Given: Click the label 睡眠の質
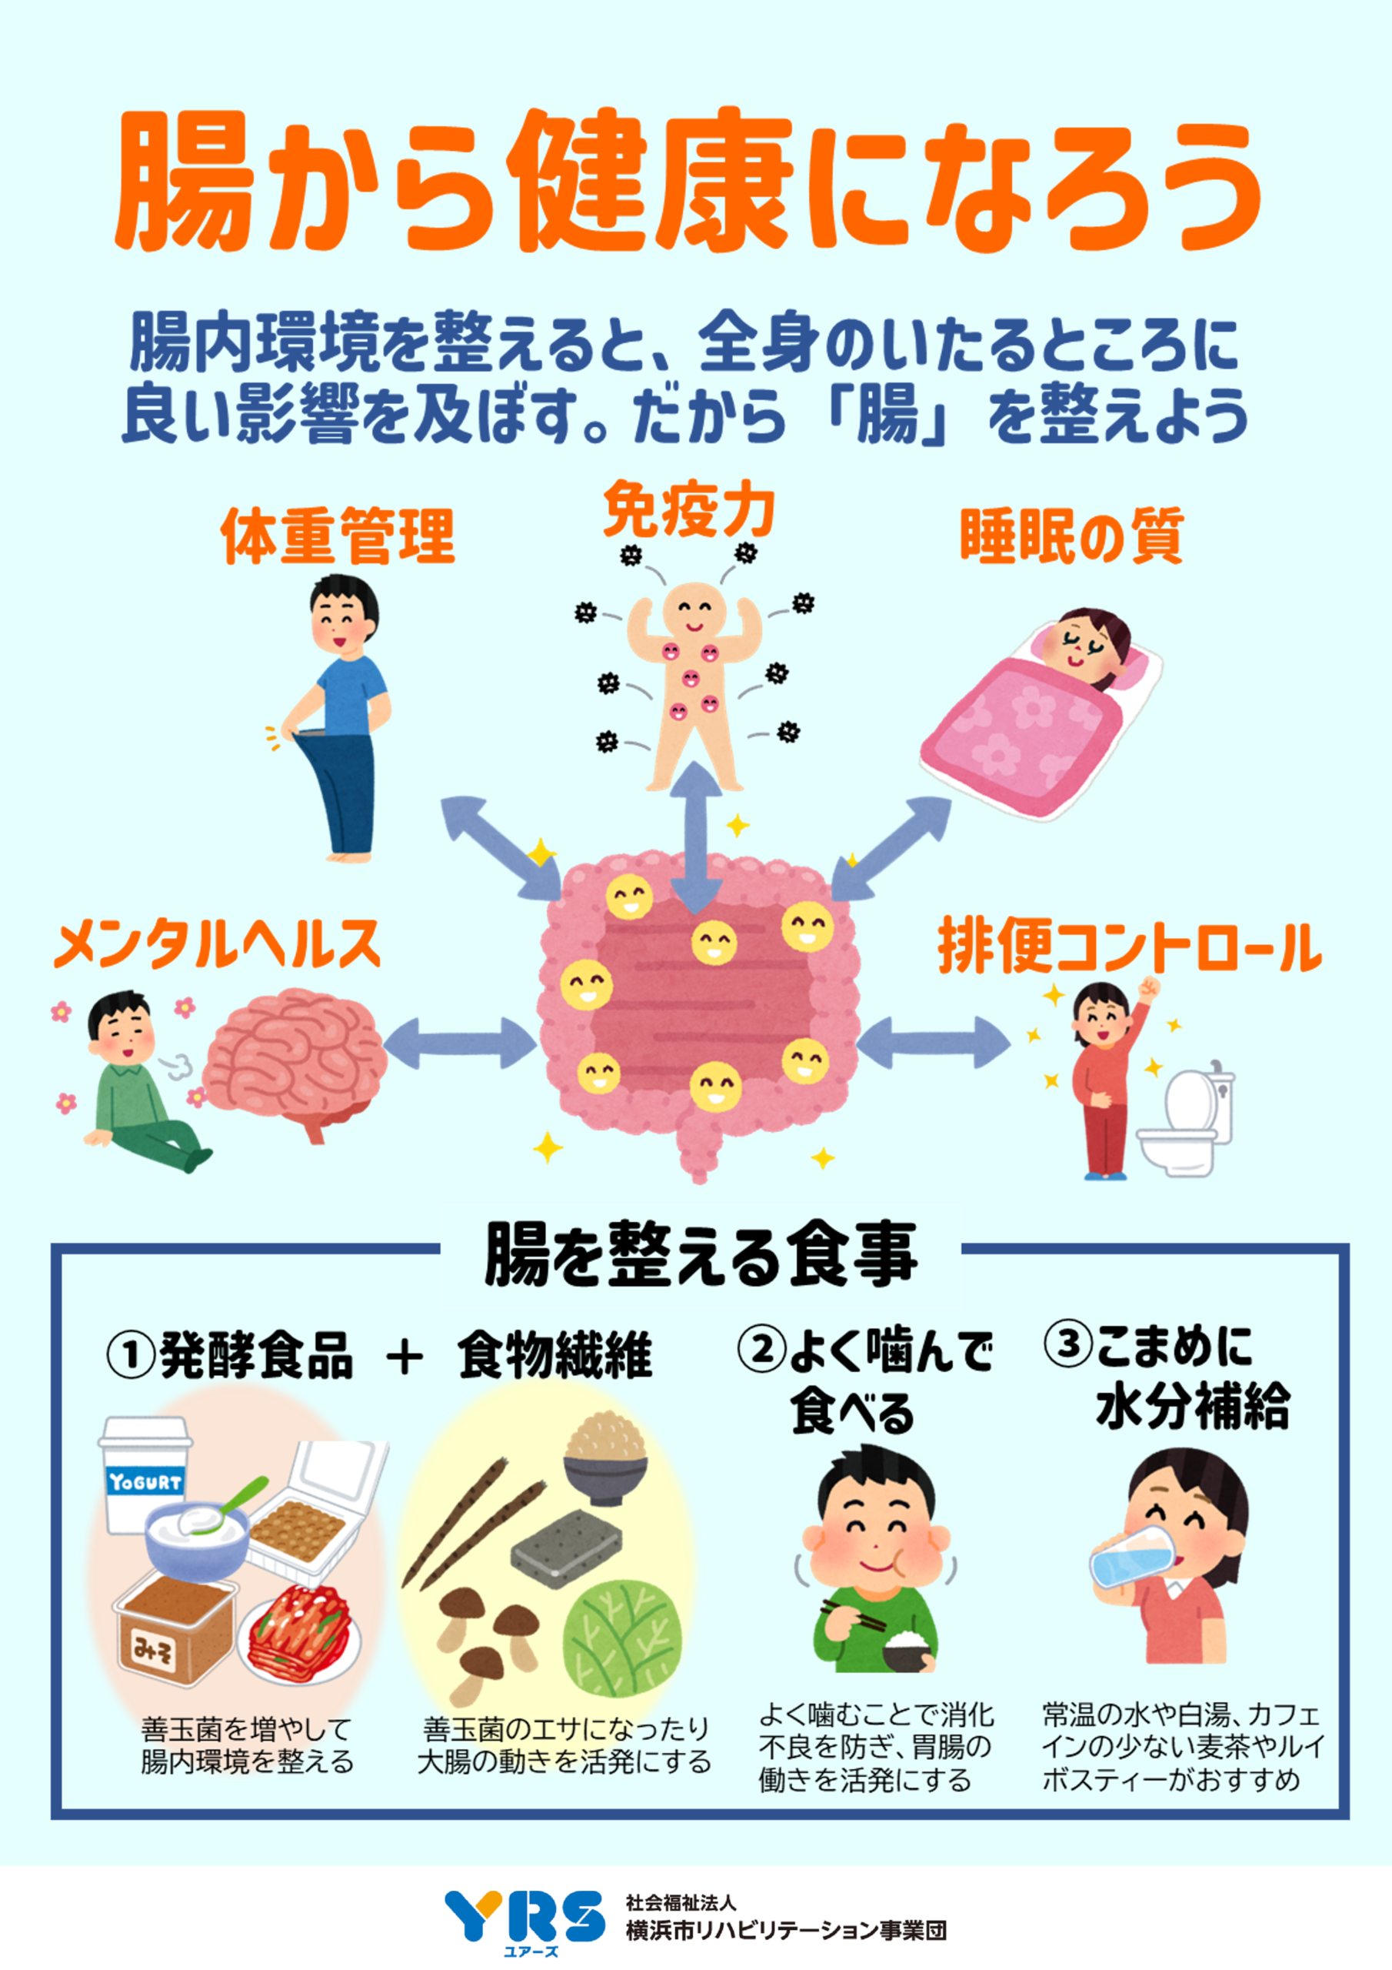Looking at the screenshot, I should [1071, 536].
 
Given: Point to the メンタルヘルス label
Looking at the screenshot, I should [217, 943].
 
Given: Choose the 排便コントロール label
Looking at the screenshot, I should [1129, 947].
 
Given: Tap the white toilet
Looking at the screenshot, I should [1188, 1120].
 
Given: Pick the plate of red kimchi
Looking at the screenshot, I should [300, 1634].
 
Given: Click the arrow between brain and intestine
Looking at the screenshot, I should [460, 1043].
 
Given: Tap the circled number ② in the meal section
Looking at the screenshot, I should [761, 1348].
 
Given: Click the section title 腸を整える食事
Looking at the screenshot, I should [700, 1254].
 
